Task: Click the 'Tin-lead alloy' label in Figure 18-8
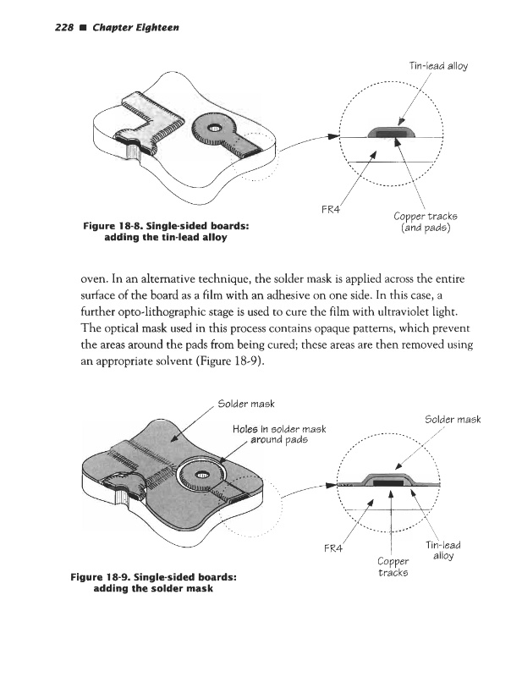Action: (438, 65)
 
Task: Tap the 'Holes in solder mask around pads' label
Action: (277, 433)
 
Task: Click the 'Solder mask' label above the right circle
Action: (453, 419)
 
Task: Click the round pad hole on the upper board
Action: (212, 127)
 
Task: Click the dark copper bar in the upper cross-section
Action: (391, 133)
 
